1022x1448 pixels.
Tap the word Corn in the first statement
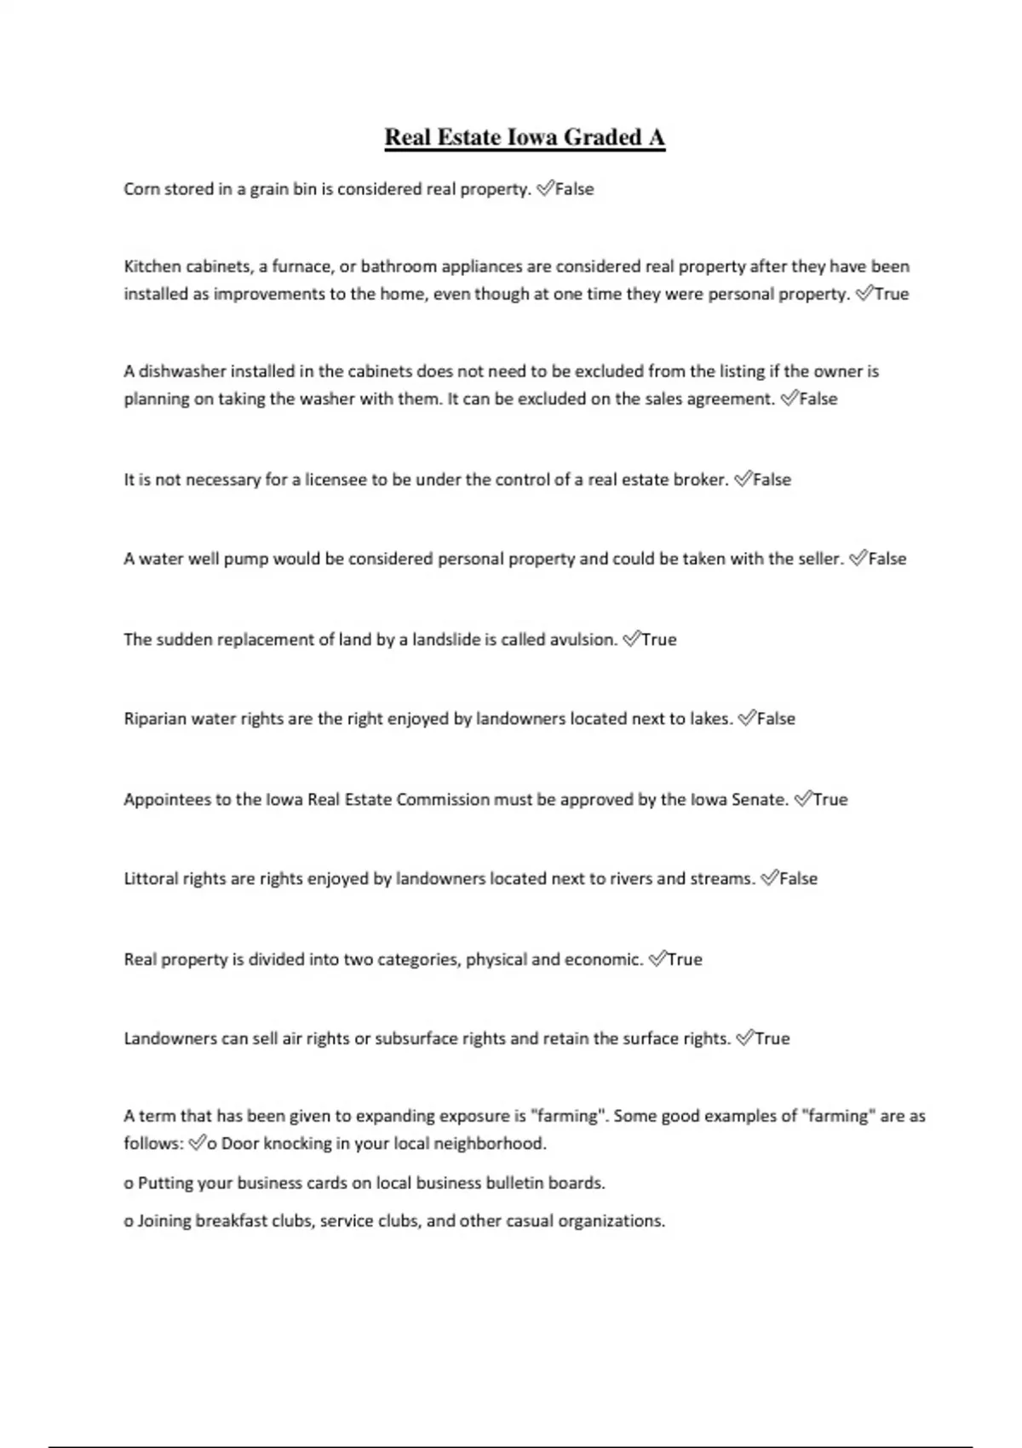[141, 189]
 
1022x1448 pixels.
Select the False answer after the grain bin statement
[574, 189]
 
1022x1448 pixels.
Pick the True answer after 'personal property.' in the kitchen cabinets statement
[892, 294]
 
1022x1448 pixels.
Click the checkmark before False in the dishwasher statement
[789, 399]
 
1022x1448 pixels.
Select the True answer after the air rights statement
[772, 1039]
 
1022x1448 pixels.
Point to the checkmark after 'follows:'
[197, 1144]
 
